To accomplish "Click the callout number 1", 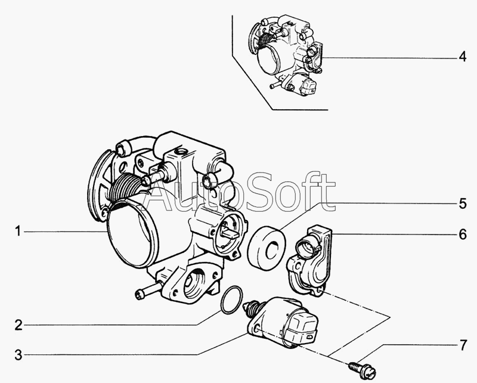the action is click(x=18, y=231).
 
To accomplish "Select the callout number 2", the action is click(x=18, y=325).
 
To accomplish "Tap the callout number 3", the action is click(x=18, y=354).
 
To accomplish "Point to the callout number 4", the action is click(x=463, y=57).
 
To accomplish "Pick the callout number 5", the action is click(x=463, y=203).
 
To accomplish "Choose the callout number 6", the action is click(x=463, y=234).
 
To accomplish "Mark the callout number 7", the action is click(x=463, y=345).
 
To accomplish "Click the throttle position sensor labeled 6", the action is click(x=310, y=260).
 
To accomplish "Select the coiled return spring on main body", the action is click(x=125, y=189).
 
